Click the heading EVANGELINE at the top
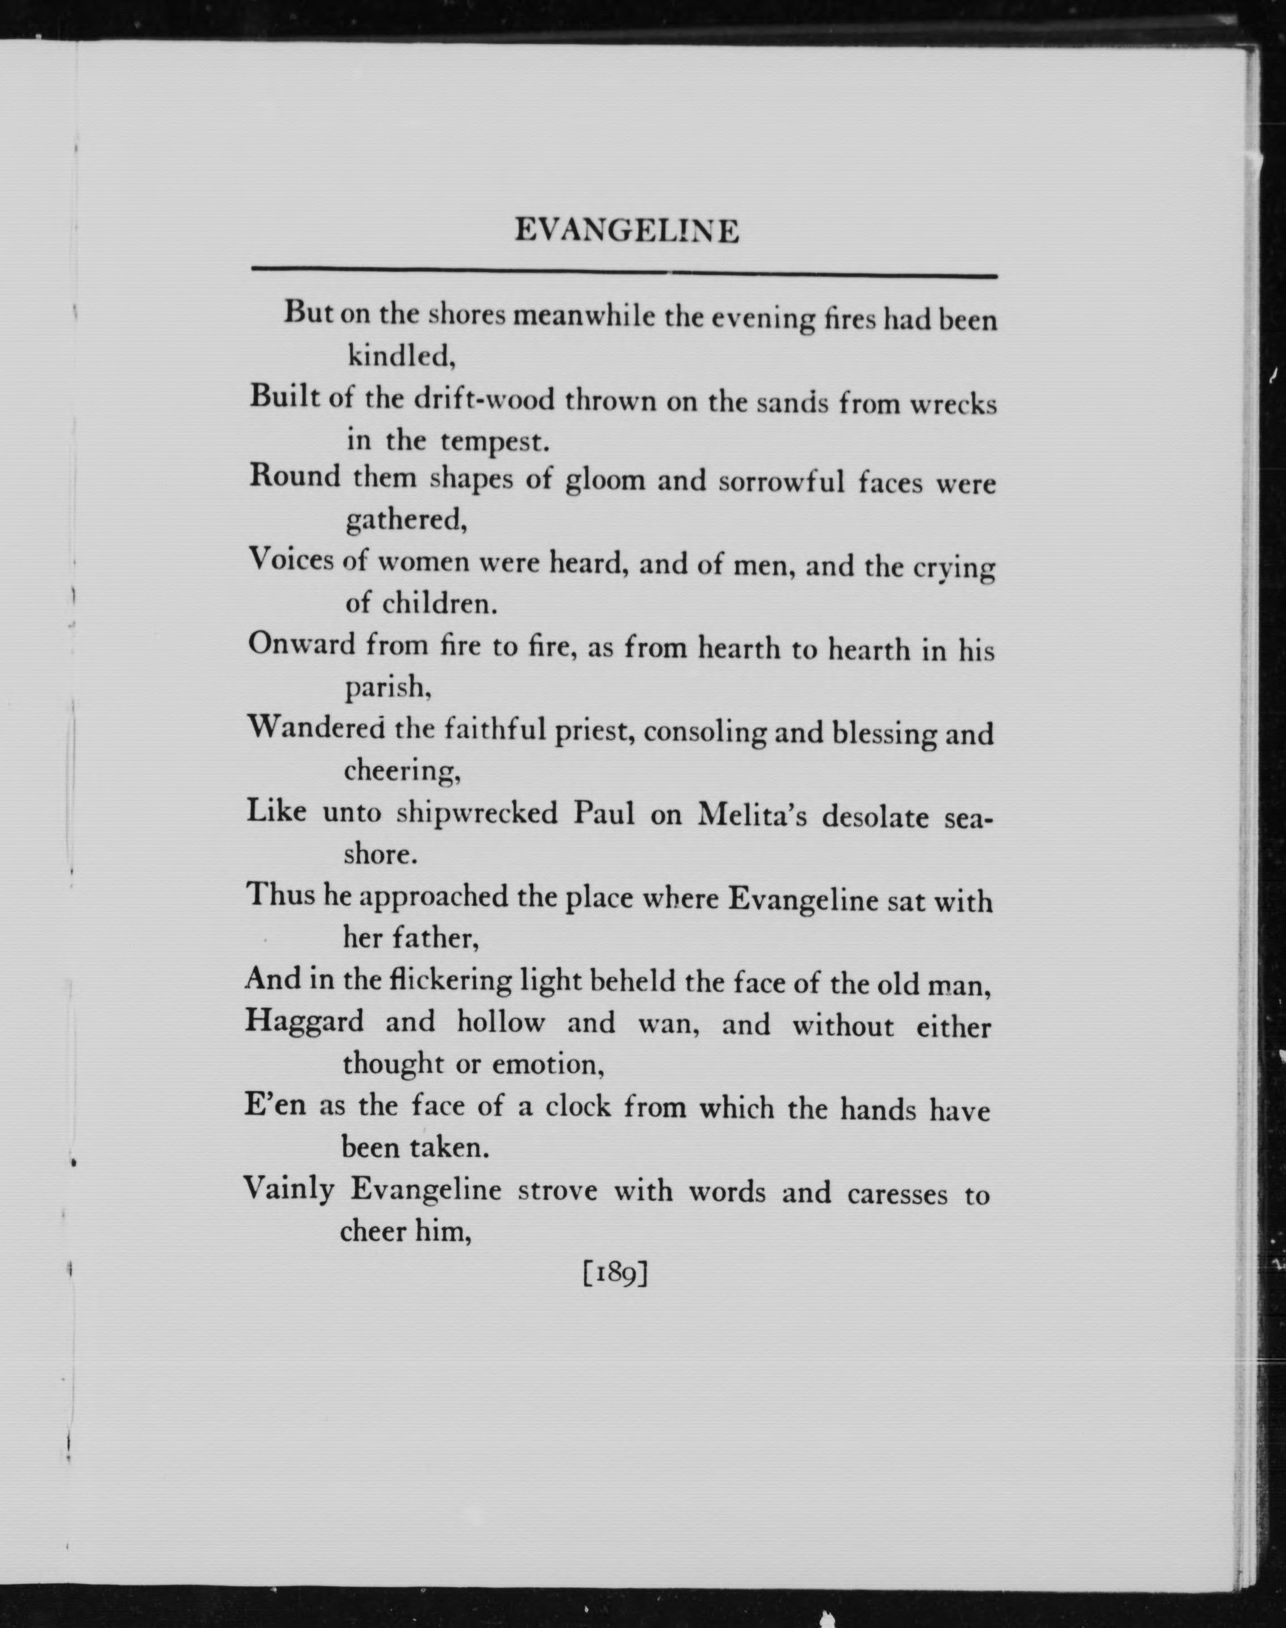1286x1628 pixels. click(x=626, y=230)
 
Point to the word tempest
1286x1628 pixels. click(x=495, y=442)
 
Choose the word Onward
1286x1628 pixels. click(x=301, y=645)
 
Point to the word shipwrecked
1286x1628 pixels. click(x=477, y=813)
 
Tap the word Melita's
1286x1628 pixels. click(x=752, y=816)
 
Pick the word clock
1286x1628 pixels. click(x=578, y=1107)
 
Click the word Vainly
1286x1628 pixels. click(x=289, y=1189)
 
